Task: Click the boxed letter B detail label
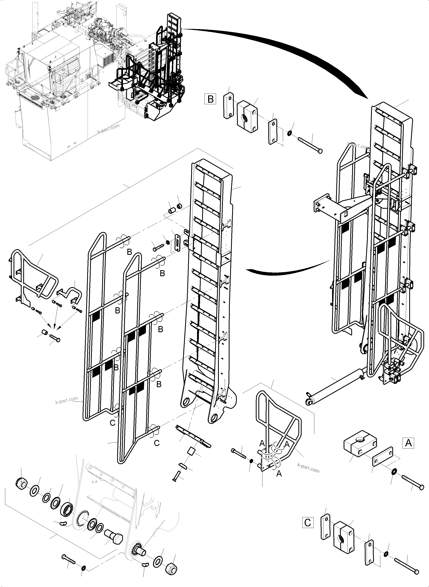[210, 99]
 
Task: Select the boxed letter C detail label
[308, 522]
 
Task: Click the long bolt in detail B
[310, 144]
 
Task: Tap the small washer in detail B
[289, 133]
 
